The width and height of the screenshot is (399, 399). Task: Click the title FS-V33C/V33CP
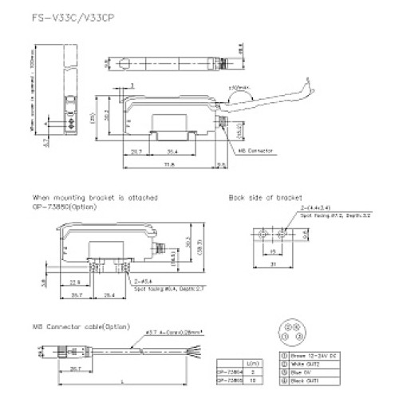pos(60,18)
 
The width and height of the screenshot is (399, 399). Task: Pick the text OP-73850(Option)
pos(65,205)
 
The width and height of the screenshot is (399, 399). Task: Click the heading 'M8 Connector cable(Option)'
pos(80,326)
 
